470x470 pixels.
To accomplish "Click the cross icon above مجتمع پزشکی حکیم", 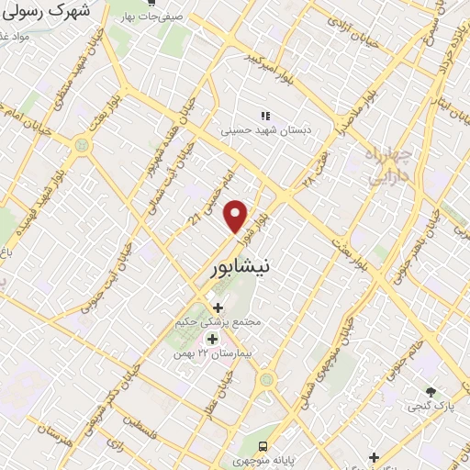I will pyautogui.click(x=218, y=308).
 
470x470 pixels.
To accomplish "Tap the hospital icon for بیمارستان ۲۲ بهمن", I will pyautogui.click(x=213, y=339).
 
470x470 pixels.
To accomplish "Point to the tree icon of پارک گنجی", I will pyautogui.click(x=431, y=392).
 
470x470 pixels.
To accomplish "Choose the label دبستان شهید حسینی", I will pyautogui.click(x=265, y=130).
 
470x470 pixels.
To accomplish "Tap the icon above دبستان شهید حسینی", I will pyautogui.click(x=265, y=116).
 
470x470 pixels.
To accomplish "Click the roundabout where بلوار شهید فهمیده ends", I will pyautogui.click(x=84, y=144).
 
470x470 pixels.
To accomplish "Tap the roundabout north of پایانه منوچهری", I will pyautogui.click(x=266, y=378).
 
